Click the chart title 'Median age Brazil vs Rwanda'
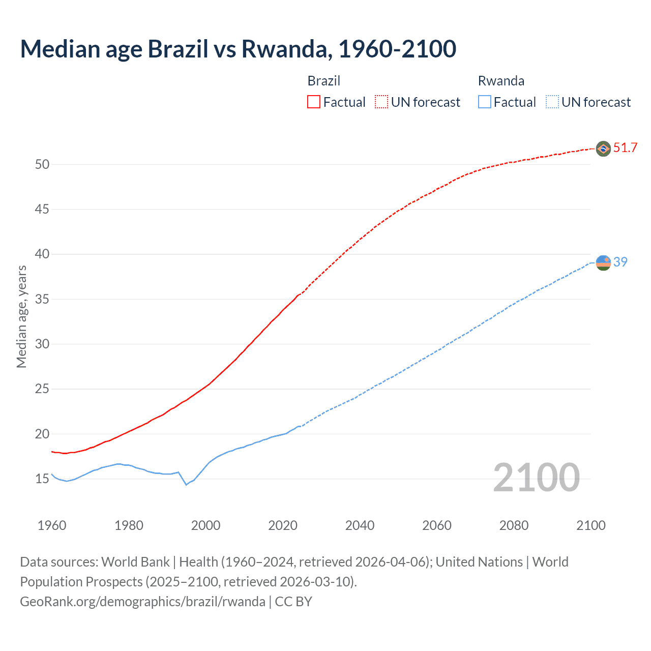point(238,49)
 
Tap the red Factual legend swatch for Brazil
point(314,102)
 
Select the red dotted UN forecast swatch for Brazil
point(381,102)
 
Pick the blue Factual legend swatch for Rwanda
point(484,102)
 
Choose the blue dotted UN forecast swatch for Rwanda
point(552,102)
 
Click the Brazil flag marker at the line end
point(603,149)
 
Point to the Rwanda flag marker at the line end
point(603,262)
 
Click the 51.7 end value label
point(625,148)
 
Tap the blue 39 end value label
point(620,262)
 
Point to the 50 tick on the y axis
point(42,164)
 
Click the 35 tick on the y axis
point(42,299)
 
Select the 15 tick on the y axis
point(42,479)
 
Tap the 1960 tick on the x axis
point(52,525)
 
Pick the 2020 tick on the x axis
point(283,525)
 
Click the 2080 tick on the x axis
point(514,525)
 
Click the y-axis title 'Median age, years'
point(21,316)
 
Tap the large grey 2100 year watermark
point(536,477)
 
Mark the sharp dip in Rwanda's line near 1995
point(186,484)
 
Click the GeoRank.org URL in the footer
point(142,602)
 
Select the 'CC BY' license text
point(293,602)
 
